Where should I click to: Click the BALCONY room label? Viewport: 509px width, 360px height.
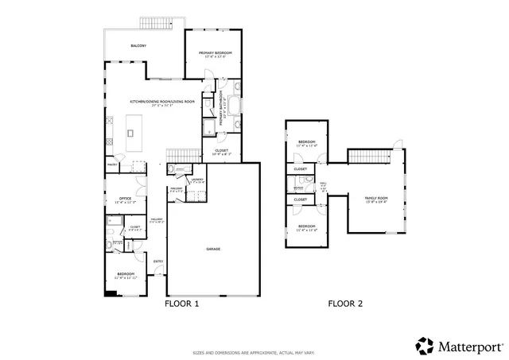(138, 46)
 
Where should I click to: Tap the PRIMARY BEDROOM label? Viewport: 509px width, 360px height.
(215, 53)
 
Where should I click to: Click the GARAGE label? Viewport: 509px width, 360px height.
(213, 250)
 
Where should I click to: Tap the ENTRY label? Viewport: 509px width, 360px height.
(158, 261)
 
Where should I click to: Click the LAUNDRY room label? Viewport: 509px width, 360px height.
(197, 180)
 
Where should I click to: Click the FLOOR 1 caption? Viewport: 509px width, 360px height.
(181, 304)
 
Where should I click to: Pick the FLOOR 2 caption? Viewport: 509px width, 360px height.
(345, 304)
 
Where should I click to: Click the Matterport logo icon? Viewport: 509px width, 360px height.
(425, 346)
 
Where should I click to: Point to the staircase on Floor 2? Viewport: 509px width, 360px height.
(368, 156)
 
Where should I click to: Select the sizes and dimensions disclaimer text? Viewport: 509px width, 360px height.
(254, 352)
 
